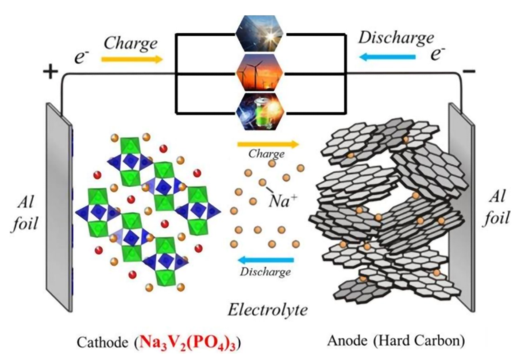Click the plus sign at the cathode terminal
coord(51,71)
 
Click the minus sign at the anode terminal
coord(469,71)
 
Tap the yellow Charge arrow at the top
coord(132,58)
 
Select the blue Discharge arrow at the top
coord(387,56)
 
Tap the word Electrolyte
coord(267,310)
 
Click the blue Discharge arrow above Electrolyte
coord(265,260)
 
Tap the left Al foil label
coord(24,214)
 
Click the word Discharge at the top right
coord(395,38)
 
